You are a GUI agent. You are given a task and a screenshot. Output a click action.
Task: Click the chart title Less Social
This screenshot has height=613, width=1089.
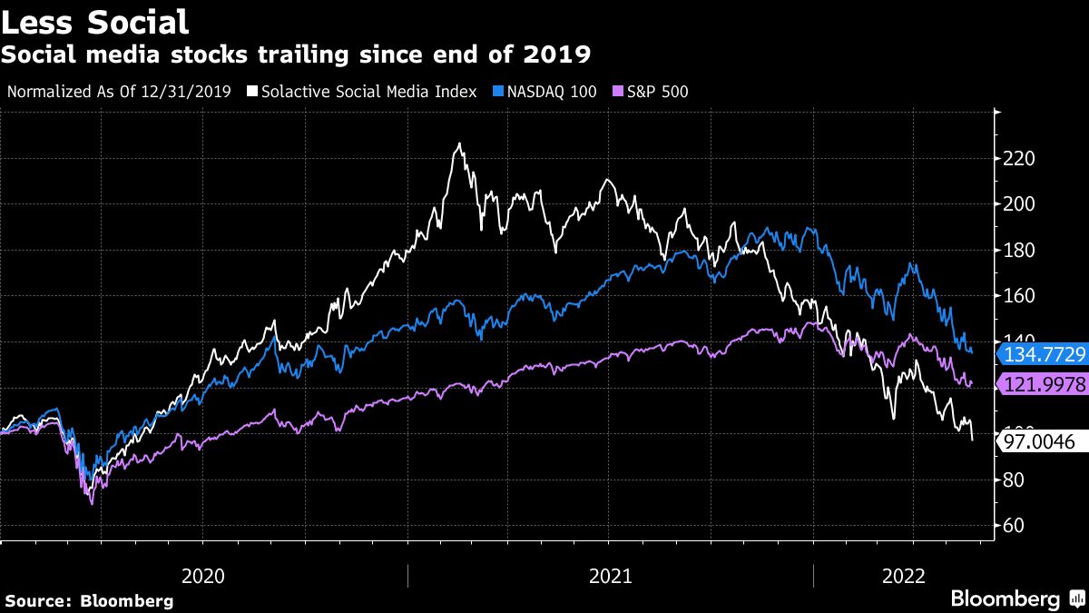95,21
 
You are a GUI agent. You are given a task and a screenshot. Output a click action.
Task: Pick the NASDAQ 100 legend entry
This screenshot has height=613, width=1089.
546,92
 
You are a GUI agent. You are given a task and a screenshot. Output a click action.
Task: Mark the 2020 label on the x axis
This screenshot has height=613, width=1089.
204,576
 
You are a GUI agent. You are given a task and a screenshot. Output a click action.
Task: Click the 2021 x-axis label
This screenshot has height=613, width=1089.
611,576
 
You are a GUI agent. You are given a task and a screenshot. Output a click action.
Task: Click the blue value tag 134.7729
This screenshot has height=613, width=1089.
1042,354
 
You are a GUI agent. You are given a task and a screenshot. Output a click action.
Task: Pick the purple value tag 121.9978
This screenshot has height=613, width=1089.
1042,384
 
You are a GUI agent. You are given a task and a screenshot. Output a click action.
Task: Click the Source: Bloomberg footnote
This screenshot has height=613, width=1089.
89,600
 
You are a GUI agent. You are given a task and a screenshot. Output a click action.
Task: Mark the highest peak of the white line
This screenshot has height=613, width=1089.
460,143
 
